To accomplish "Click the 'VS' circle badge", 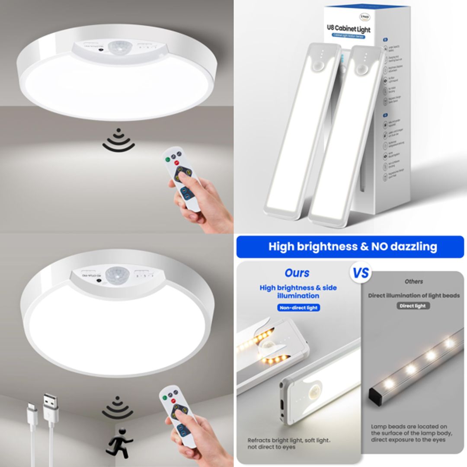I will coord(361,273).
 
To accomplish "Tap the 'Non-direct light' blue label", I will coord(298,308).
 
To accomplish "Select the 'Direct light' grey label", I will coord(413,306).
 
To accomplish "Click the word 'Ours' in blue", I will coord(297,273).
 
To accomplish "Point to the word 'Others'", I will coord(413,281).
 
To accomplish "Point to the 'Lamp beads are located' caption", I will coord(409,433).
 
